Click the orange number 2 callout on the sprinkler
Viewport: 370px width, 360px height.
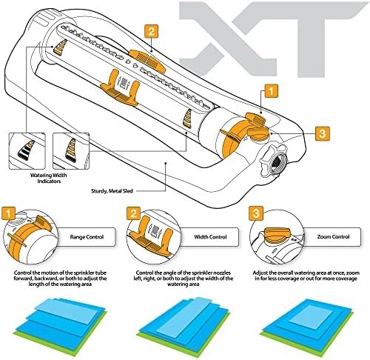pos(151,31)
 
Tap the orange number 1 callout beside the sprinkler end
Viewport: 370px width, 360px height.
pos(271,91)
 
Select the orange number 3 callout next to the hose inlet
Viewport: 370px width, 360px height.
pos(322,133)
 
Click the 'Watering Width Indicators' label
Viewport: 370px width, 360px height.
pos(49,178)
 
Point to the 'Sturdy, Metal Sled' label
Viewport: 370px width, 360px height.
pos(112,191)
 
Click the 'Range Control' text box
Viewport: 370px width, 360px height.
pos(87,237)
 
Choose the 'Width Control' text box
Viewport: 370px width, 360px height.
pos(210,237)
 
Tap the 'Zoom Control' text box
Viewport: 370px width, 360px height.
pos(333,237)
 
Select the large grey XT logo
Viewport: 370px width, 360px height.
pos(273,39)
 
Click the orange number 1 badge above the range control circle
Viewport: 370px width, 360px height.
pos(8,213)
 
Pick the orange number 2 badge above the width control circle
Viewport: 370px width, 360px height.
pos(133,213)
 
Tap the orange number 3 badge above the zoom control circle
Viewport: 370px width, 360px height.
pos(256,213)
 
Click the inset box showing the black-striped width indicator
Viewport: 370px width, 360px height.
pos(27,151)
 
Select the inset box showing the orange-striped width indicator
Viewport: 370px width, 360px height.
pos(71,151)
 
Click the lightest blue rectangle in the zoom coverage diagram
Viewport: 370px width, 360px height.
pos(312,317)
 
